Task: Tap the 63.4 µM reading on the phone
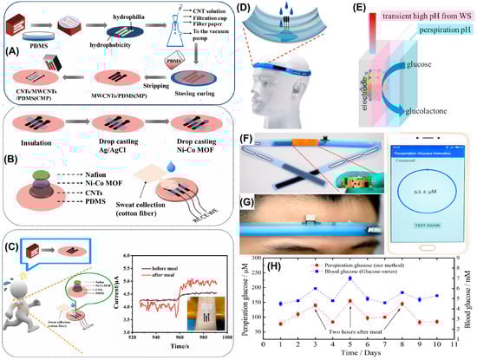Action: (422, 185)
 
